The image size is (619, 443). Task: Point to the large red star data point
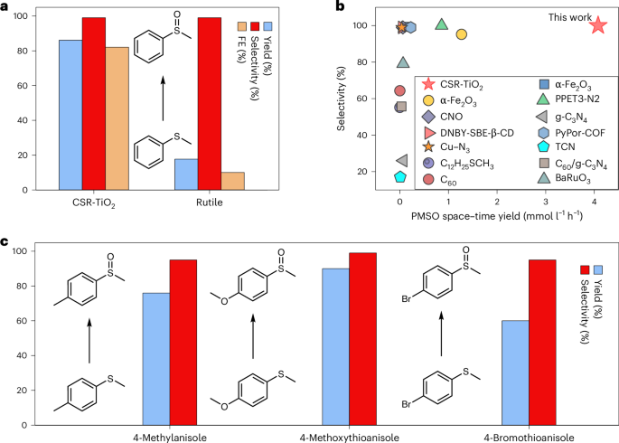pyautogui.click(x=597, y=25)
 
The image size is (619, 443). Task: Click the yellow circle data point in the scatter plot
pyautogui.click(x=461, y=34)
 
